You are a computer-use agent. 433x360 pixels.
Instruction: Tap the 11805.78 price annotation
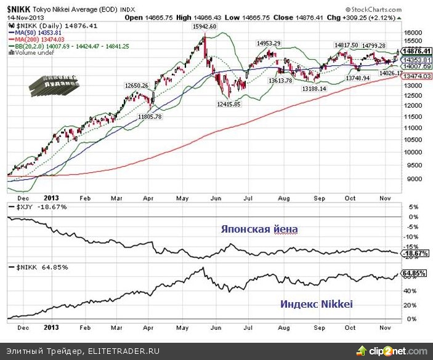pos(150,116)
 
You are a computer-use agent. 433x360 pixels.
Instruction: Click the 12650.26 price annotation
pos(137,85)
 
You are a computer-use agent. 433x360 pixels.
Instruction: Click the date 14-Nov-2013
pos(23,18)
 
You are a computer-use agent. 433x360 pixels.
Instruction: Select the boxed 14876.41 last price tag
pos(416,51)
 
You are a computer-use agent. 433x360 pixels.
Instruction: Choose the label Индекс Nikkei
pos(317,304)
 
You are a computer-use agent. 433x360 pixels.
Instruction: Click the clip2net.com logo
pos(401,350)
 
